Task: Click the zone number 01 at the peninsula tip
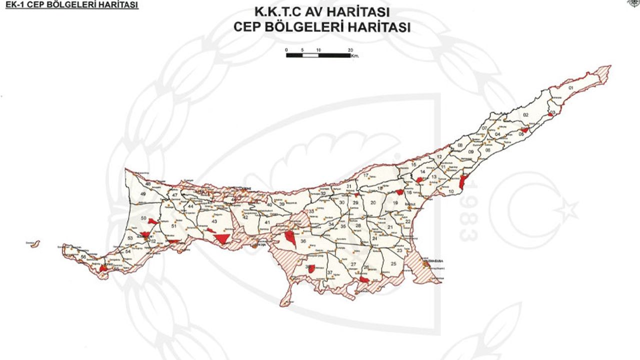571,88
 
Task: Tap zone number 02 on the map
525,115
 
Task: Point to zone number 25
393,263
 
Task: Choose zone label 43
214,221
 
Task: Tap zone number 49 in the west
143,194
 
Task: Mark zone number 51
174,226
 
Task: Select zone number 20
373,202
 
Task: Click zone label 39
282,204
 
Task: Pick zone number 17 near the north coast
366,175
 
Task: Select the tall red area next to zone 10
462,182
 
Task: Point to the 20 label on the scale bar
350,50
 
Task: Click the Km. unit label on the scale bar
355,56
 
